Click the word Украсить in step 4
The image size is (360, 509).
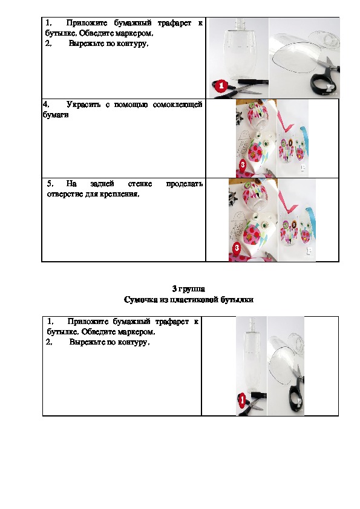(x=83, y=105)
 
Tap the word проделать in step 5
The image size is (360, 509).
(x=185, y=184)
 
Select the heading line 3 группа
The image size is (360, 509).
(x=188, y=289)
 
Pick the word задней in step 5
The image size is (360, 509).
(x=102, y=184)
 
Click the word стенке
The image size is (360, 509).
(x=140, y=184)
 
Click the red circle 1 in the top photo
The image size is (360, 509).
(x=221, y=86)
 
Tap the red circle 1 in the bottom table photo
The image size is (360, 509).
(x=242, y=400)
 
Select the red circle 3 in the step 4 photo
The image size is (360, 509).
(x=243, y=164)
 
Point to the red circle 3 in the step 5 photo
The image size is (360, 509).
(x=237, y=248)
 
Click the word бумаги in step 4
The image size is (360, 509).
(x=56, y=115)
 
